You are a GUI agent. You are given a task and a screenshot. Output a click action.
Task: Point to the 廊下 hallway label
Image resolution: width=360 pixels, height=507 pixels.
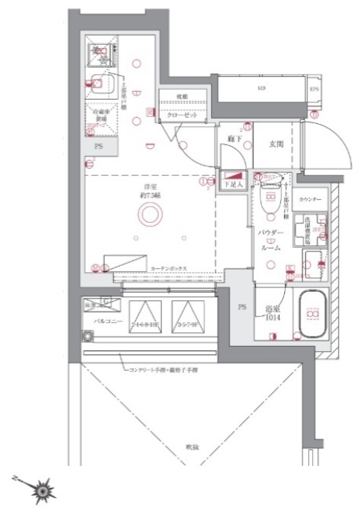pos(233,141)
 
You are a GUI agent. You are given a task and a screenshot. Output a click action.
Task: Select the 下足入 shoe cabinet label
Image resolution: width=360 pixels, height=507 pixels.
pos(232,183)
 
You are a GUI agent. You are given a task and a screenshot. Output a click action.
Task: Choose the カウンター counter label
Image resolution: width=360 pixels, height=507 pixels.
pos(310,199)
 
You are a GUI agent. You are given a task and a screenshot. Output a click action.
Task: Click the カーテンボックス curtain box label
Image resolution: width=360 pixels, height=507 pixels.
pos(169,269)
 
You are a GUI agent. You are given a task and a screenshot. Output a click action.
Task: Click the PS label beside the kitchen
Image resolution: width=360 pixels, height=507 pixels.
pos(97,145)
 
